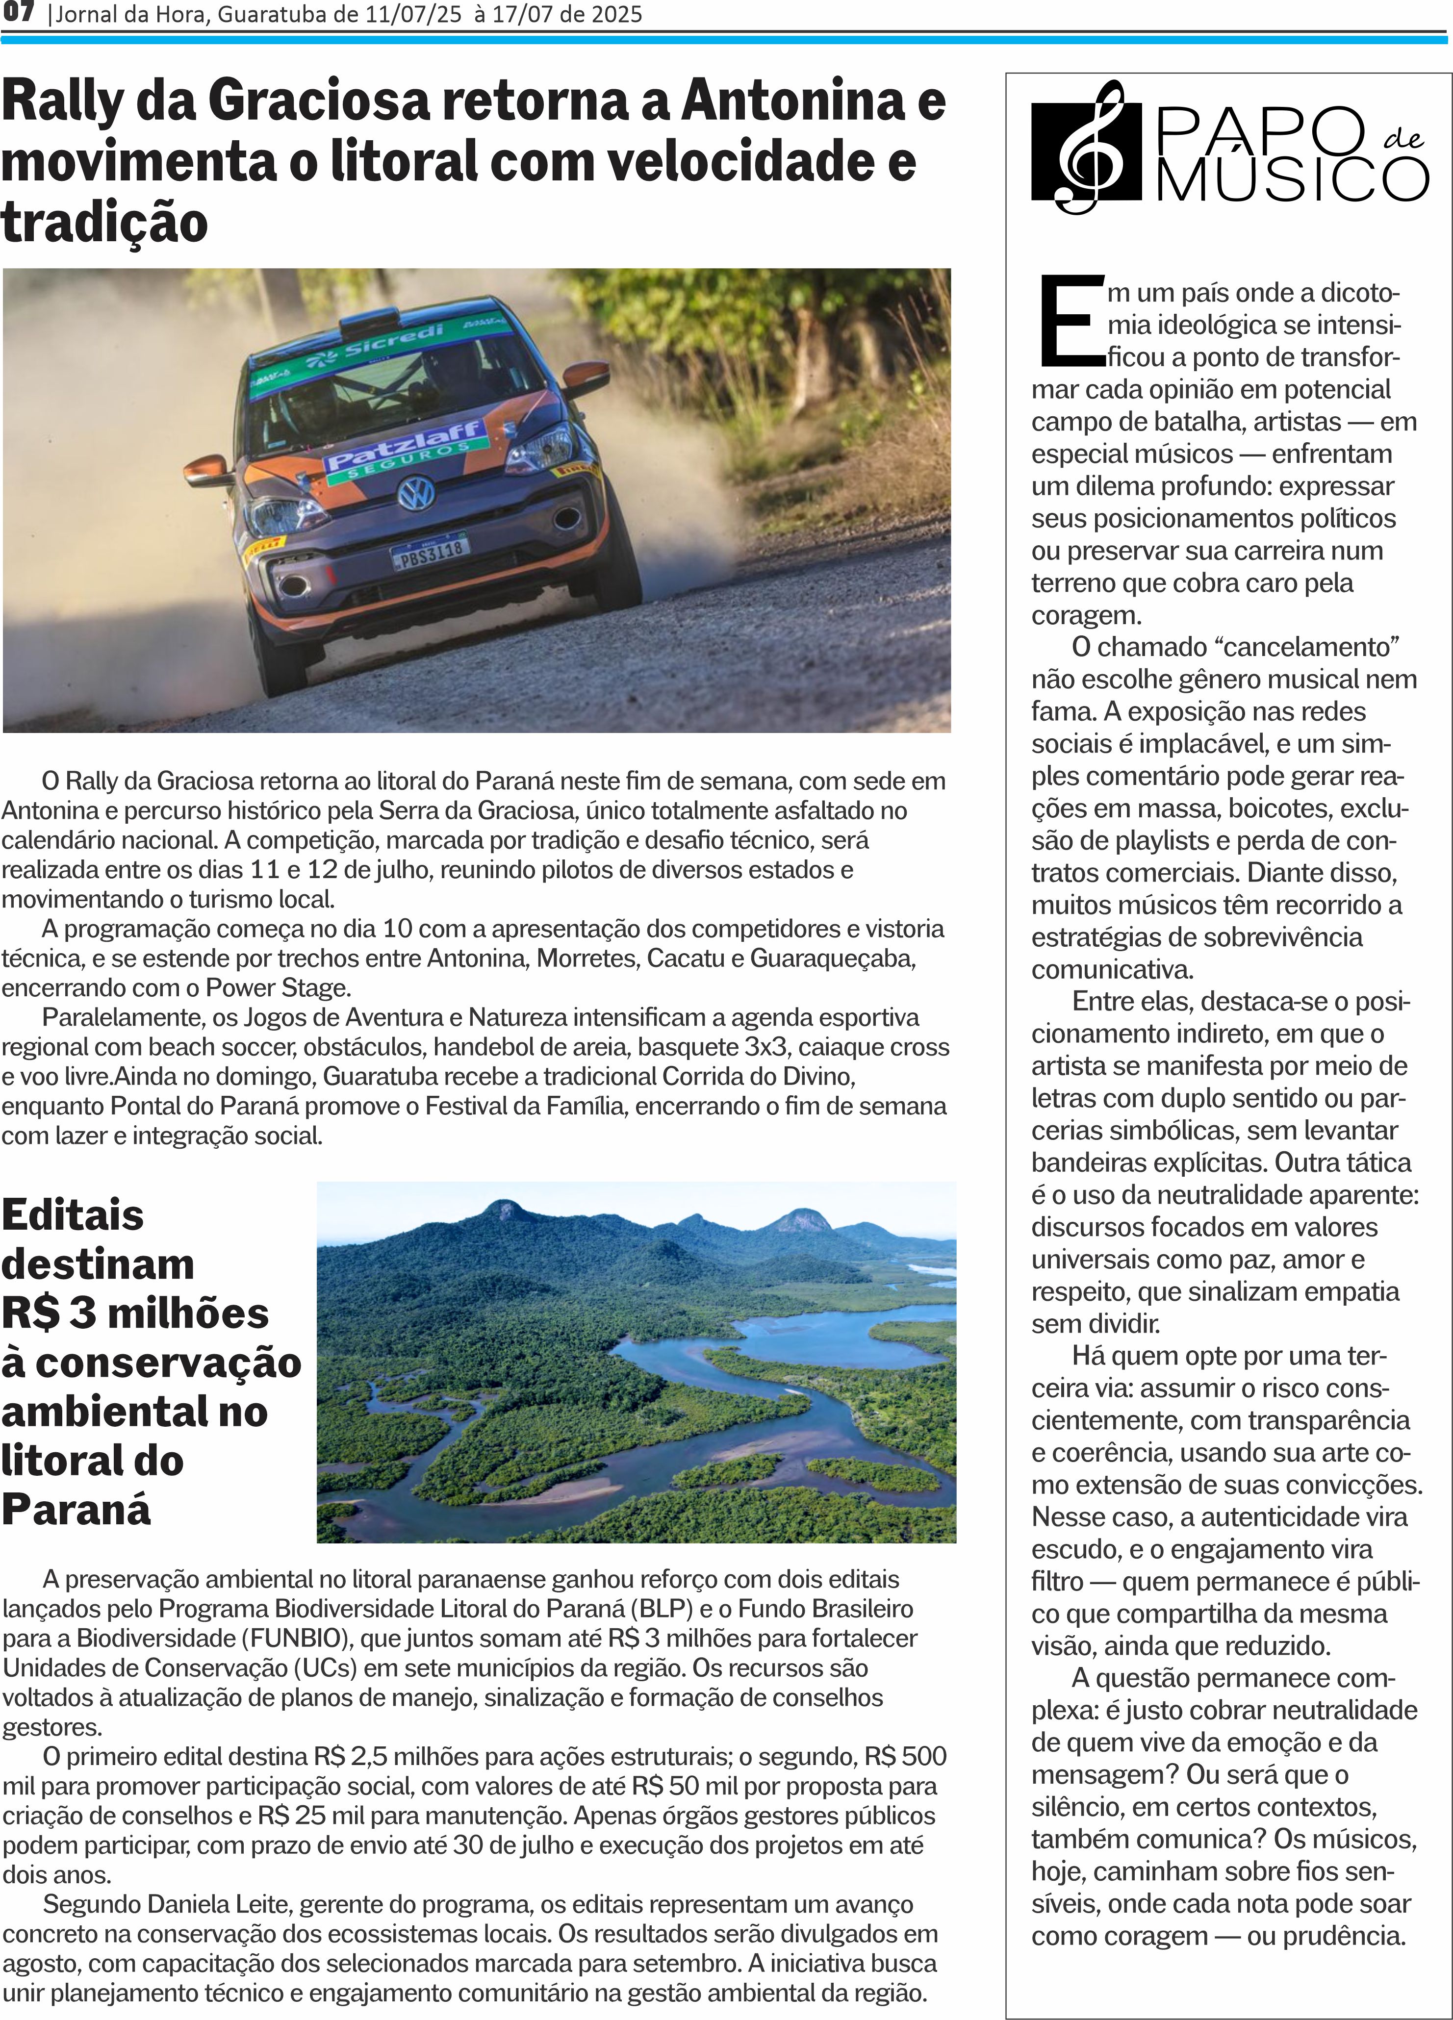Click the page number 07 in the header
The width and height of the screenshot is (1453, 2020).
click(18, 13)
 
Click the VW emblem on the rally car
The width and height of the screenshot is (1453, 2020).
click(415, 493)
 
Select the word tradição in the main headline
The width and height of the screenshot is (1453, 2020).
click(104, 222)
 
